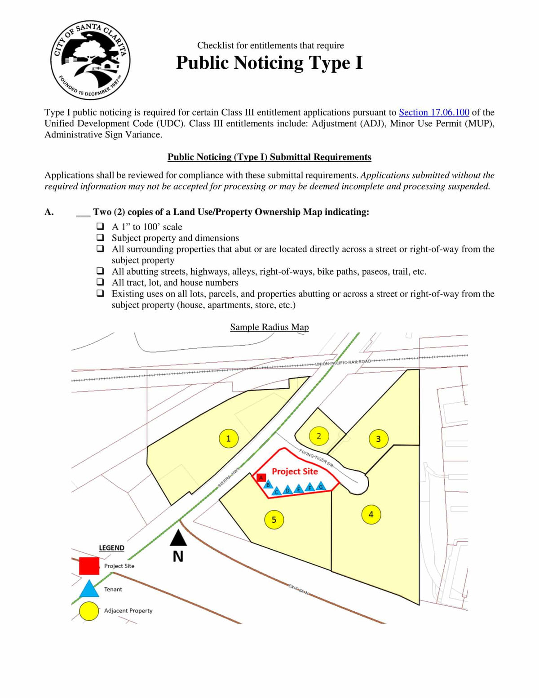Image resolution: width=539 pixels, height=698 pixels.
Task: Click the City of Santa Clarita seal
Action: tap(90, 60)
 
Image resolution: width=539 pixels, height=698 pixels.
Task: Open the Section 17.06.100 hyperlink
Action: tap(434, 112)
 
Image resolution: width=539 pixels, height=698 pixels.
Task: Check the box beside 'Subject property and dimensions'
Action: tap(100, 238)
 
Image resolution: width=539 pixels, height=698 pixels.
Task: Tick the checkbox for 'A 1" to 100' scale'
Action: tap(100, 227)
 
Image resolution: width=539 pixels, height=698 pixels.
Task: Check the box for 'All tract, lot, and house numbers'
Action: tap(100, 282)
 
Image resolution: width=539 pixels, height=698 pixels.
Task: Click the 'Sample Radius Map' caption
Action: tap(269, 327)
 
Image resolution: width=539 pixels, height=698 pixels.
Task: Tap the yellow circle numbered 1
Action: tap(228, 438)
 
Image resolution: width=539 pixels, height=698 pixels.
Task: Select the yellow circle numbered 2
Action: tap(319, 436)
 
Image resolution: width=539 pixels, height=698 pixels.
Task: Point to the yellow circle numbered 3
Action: tap(378, 439)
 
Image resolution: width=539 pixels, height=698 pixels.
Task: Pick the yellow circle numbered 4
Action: tap(371, 514)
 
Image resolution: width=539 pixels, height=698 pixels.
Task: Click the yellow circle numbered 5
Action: tap(274, 520)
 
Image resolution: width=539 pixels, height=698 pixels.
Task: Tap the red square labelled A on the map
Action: tap(261, 477)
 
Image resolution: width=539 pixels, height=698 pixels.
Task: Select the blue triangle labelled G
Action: tap(321, 486)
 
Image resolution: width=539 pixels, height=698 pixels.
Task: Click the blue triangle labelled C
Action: tap(277, 491)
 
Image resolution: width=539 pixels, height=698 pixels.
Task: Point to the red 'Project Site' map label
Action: tap(295, 471)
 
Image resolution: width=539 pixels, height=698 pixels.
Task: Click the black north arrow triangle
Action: tap(178, 538)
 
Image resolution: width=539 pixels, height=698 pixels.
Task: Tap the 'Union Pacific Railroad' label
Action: tap(343, 362)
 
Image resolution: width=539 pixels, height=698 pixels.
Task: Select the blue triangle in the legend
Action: tap(89, 589)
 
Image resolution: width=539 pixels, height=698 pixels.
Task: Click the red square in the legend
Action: tap(89, 566)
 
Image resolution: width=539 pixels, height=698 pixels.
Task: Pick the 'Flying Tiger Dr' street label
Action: tap(316, 458)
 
